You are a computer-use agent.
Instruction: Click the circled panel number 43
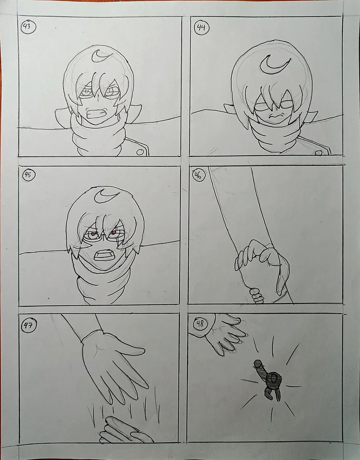click(x=28, y=27)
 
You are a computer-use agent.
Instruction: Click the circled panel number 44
click(x=202, y=28)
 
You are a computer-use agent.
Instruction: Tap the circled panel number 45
click(x=29, y=175)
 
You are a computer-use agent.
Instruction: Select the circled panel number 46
click(x=198, y=175)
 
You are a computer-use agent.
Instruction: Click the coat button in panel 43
click(x=140, y=152)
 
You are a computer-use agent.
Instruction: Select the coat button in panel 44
click(x=318, y=153)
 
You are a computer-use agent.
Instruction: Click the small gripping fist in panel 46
click(x=257, y=296)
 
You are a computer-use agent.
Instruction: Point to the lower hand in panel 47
click(x=125, y=431)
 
